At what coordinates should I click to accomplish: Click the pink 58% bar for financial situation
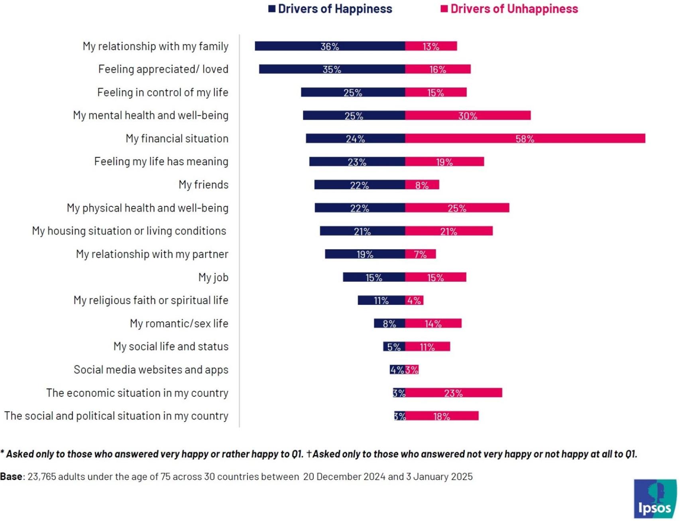525,138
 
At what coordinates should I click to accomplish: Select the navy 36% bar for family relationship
330,46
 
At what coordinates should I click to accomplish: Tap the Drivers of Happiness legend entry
330,9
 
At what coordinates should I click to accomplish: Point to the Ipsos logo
655,499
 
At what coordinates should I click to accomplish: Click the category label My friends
203,185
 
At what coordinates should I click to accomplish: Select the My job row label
213,277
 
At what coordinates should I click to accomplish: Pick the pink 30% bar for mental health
468,116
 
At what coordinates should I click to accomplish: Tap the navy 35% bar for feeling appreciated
332,69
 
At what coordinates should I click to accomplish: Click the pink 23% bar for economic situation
454,393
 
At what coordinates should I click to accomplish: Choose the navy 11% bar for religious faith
381,300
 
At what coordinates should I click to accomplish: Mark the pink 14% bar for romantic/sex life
433,324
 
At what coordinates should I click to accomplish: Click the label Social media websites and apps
151,370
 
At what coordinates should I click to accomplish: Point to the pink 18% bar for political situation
442,416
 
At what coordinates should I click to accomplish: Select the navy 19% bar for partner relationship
365,254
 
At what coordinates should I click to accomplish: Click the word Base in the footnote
11,477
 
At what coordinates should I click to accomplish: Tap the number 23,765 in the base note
42,477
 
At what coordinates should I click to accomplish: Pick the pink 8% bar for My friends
422,185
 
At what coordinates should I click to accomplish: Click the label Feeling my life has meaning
161,162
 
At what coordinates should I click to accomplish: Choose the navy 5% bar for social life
394,347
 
